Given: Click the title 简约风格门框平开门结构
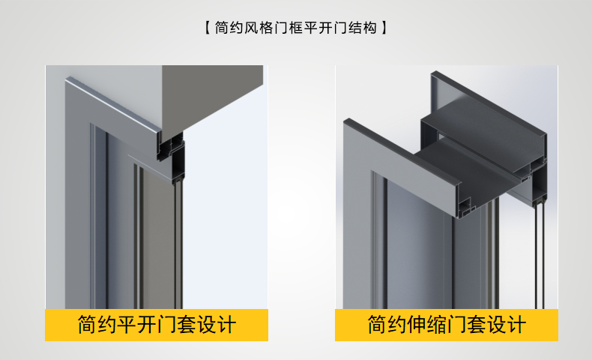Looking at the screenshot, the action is point(295,28).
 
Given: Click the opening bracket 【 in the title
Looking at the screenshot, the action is point(208,28).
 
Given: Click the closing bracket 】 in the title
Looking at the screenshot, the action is point(384,28).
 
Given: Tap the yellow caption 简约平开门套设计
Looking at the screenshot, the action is point(157,325).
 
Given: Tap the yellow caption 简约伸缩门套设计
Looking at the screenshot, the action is point(447,325).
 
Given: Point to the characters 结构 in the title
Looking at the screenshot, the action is point(363,28).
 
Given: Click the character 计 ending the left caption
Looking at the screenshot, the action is point(226,325).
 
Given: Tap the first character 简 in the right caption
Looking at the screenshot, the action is point(378,325).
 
